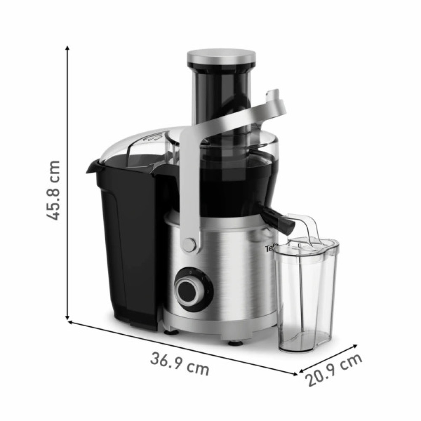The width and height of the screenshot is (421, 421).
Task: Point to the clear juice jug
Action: click(x=305, y=295)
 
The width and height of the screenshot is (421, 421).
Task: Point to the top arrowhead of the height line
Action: click(x=67, y=48)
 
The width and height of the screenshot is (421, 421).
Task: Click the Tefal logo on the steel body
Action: click(x=270, y=249)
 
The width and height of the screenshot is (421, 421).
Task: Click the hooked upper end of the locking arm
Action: click(x=276, y=101)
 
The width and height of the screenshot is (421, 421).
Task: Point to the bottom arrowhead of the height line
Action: click(x=67, y=318)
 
